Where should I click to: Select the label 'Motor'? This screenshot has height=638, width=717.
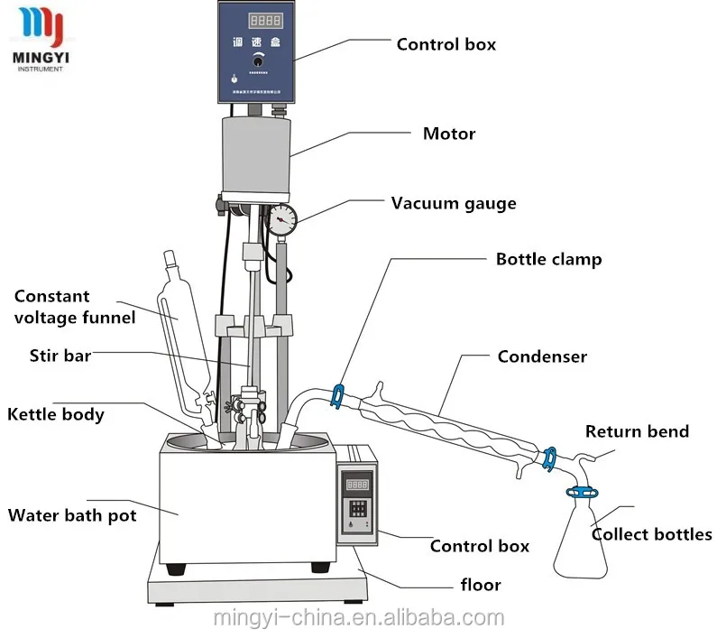(448, 134)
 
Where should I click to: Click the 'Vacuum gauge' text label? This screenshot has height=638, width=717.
(453, 203)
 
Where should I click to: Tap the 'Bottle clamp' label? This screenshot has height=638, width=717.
(548, 259)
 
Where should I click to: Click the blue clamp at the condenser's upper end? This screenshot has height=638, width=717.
(338, 395)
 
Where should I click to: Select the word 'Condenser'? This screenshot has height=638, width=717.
(541, 356)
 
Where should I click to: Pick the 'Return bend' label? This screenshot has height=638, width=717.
(637, 431)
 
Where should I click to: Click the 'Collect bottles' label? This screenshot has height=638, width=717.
(651, 534)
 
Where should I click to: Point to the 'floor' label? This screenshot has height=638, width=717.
(480, 585)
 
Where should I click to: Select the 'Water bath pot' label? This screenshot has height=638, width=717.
(72, 515)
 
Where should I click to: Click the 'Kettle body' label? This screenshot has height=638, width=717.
(56, 415)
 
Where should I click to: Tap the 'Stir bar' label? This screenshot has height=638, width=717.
(60, 356)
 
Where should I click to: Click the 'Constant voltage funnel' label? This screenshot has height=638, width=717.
(75, 306)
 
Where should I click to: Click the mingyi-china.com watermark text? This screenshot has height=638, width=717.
(359, 618)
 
